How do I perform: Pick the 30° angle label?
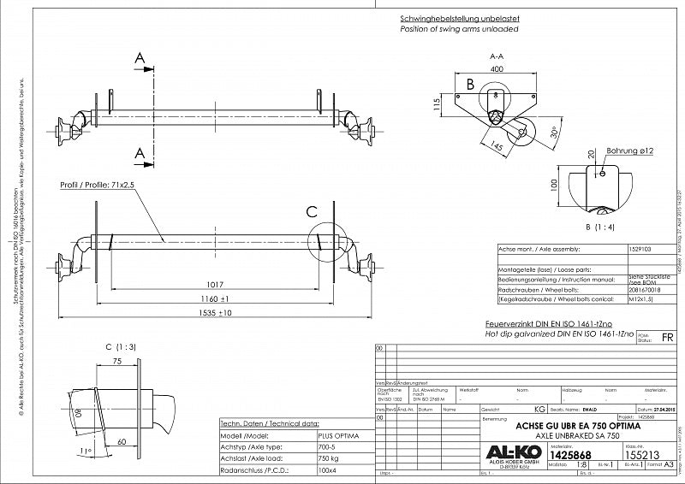[x=554, y=136]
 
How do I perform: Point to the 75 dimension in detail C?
[x=116, y=363]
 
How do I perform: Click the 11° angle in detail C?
[x=83, y=450]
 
